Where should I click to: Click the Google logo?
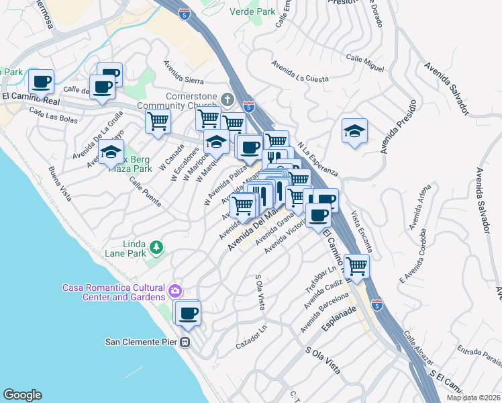(22, 395)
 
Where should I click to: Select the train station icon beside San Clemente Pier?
(185, 343)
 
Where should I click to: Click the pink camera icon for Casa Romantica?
(174, 292)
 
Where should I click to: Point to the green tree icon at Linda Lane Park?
(156, 248)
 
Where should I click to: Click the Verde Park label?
(252, 11)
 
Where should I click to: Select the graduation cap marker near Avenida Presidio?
(354, 131)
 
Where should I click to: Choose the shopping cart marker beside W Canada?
(158, 122)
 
